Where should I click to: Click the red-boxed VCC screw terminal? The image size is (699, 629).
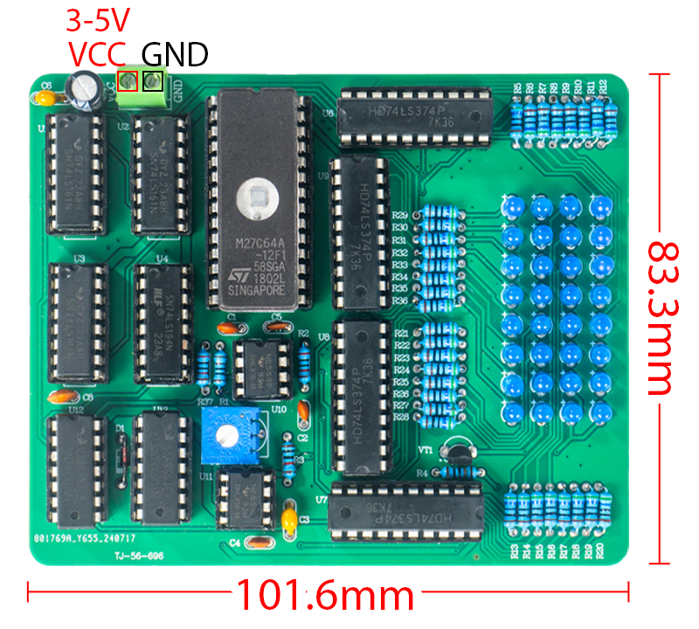click(x=127, y=82)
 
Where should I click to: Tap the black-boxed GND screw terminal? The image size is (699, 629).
click(x=154, y=82)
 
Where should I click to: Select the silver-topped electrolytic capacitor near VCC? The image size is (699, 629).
click(x=87, y=88)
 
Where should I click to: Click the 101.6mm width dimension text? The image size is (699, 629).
click(x=325, y=596)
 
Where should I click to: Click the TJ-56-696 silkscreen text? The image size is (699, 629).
click(x=138, y=555)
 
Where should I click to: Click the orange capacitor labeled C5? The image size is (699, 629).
click(x=277, y=328)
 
